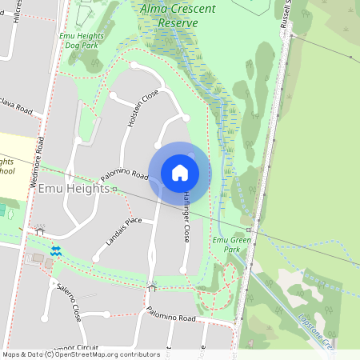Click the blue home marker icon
[180, 173]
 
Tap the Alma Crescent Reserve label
[177, 16]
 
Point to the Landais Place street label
[123, 231]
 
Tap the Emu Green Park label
[226, 244]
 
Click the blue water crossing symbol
[56, 250]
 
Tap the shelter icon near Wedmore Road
[40, 231]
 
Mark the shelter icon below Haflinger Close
[152, 287]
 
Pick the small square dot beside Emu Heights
[114, 190]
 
